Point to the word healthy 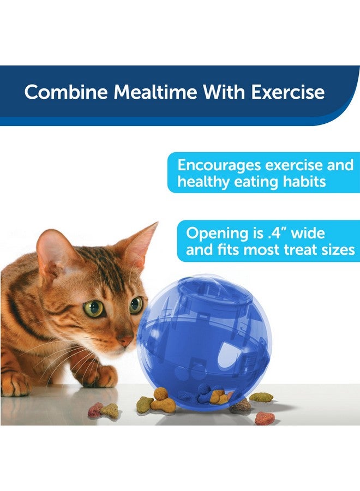point(205,182)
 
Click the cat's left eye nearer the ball point(136,304)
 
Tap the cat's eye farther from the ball point(94,308)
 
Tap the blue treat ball point(203,341)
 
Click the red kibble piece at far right point(265,418)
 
